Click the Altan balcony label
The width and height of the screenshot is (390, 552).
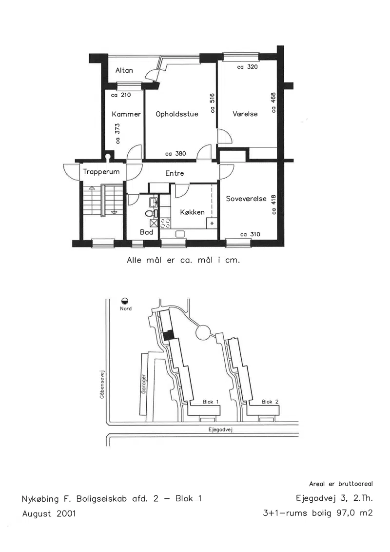tap(124, 70)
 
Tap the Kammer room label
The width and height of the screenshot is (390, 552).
tap(126, 114)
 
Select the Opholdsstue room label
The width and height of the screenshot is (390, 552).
tap(177, 114)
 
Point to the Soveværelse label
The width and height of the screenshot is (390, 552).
tap(246, 199)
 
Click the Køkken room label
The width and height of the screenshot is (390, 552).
tap(192, 212)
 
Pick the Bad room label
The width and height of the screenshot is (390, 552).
tap(146, 232)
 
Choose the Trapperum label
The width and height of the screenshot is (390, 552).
tap(101, 172)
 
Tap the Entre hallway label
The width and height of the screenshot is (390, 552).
tap(175, 173)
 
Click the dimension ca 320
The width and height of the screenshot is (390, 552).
tap(247, 67)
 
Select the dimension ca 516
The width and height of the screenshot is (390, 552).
tap(213, 103)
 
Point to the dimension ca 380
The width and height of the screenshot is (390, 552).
tap(175, 153)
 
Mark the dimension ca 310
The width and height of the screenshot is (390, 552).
tap(250, 234)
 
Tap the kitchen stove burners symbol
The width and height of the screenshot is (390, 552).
tap(165, 223)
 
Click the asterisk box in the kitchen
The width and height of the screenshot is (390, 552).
tap(212, 223)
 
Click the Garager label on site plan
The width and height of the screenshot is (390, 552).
tap(143, 384)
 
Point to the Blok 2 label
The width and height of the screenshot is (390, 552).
tap(270, 402)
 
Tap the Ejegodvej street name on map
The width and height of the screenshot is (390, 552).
tap(220, 429)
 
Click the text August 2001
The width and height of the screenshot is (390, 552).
tap(49, 513)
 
